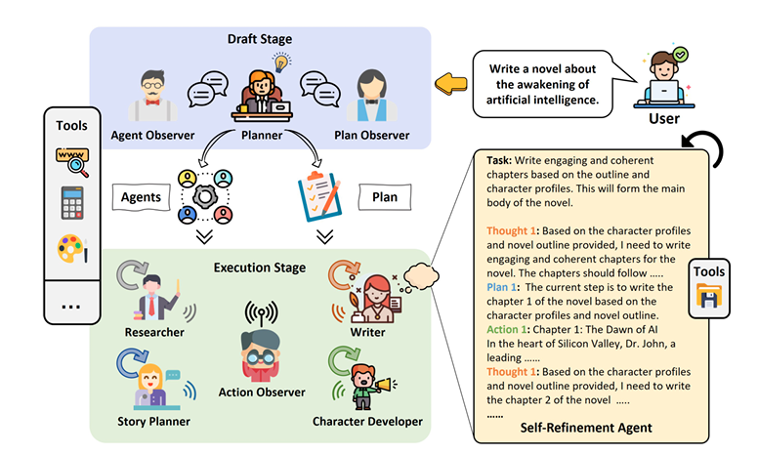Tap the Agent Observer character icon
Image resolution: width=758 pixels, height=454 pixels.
[151, 94]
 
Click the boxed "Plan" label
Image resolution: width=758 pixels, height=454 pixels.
[384, 196]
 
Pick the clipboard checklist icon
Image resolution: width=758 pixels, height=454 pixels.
[318, 197]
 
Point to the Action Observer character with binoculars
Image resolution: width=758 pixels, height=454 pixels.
[259, 347]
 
